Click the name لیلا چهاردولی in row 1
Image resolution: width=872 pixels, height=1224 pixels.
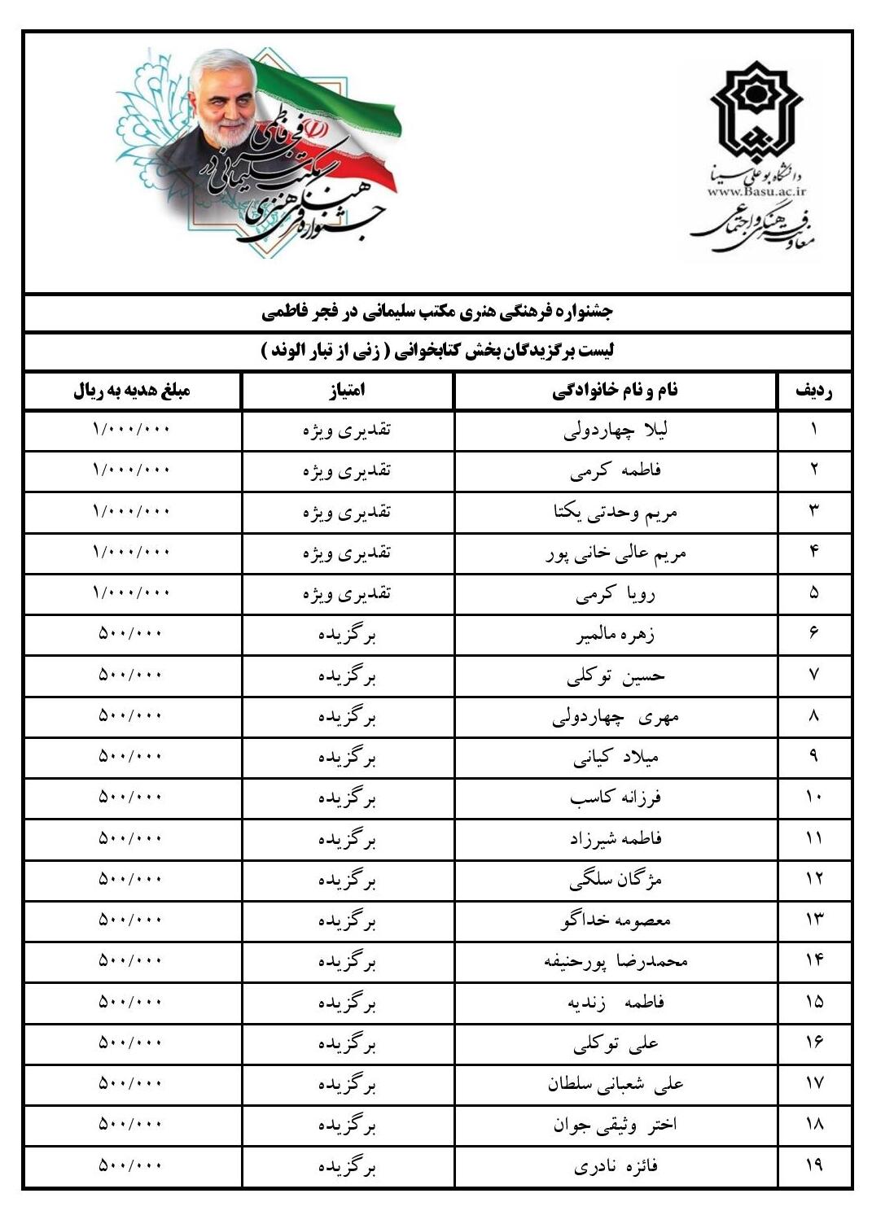(x=615, y=431)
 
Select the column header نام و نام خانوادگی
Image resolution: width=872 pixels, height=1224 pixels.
(x=615, y=391)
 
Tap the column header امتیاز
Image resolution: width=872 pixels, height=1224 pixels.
(x=347, y=391)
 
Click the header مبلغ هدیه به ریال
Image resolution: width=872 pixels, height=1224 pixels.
(x=132, y=391)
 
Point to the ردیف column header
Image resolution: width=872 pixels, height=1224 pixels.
(x=813, y=391)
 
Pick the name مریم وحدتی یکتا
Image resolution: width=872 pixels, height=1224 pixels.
(x=615, y=512)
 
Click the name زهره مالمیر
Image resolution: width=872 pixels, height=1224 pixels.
(x=615, y=635)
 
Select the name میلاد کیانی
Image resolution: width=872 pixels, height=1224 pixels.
(x=615, y=758)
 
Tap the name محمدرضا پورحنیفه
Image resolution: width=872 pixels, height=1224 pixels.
(x=615, y=962)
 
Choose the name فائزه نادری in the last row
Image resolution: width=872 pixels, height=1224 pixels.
(x=615, y=1166)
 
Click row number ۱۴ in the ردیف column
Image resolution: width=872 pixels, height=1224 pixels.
(x=813, y=961)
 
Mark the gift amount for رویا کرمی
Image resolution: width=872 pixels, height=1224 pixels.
(x=132, y=592)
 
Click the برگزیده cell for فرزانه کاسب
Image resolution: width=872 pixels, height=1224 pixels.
(x=347, y=798)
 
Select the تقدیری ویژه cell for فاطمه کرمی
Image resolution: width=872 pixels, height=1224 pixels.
(x=347, y=470)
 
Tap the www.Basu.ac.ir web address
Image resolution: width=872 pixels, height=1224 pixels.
(x=756, y=191)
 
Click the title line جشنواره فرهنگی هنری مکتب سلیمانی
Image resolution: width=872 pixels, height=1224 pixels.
(x=437, y=312)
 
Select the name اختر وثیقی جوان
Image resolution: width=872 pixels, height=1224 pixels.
(x=615, y=1126)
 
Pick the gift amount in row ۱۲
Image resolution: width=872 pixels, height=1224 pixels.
(x=132, y=879)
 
